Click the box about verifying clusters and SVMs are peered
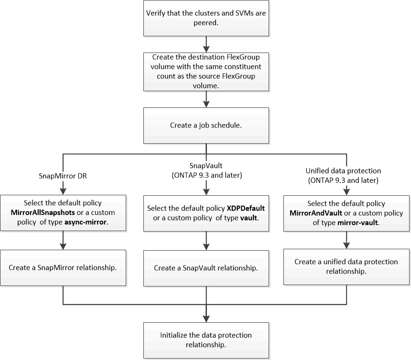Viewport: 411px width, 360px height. [x=205, y=18]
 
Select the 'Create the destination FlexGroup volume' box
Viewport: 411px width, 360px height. [x=205, y=72]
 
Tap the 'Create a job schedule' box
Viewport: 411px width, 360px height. [x=205, y=125]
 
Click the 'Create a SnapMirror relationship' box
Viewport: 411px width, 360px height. [x=63, y=267]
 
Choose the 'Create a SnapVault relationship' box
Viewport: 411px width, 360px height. [x=205, y=267]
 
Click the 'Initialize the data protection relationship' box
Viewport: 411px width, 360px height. [x=205, y=339]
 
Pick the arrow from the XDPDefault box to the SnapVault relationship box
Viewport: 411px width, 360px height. [x=205, y=241]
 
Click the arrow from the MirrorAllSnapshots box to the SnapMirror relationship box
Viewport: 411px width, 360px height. [x=63, y=241]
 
